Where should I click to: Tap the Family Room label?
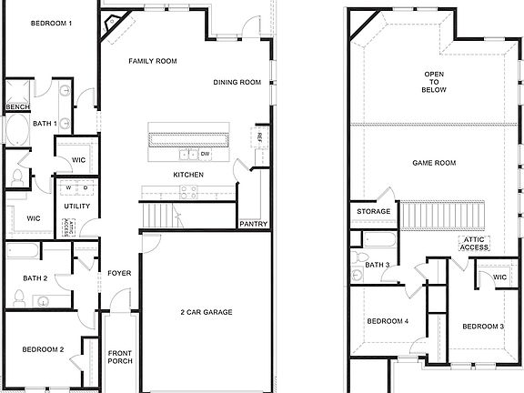(x=152, y=61)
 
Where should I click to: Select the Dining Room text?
(x=237, y=83)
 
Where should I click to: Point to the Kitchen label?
(x=188, y=175)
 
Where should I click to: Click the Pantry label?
(x=252, y=223)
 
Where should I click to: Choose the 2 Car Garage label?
(x=206, y=312)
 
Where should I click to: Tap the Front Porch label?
(x=120, y=358)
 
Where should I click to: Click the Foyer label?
(x=120, y=273)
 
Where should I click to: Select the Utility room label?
(x=77, y=207)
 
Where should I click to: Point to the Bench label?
(x=17, y=107)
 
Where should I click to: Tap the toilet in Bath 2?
(x=18, y=296)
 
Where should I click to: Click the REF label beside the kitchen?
(x=260, y=137)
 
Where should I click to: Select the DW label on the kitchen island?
(x=206, y=154)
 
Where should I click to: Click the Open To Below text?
(x=433, y=82)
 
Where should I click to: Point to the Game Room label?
(x=433, y=163)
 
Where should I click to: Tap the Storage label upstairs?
(x=374, y=212)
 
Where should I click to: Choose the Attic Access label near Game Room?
(x=473, y=243)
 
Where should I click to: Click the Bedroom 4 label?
(x=388, y=321)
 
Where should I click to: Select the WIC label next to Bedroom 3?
(x=499, y=277)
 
